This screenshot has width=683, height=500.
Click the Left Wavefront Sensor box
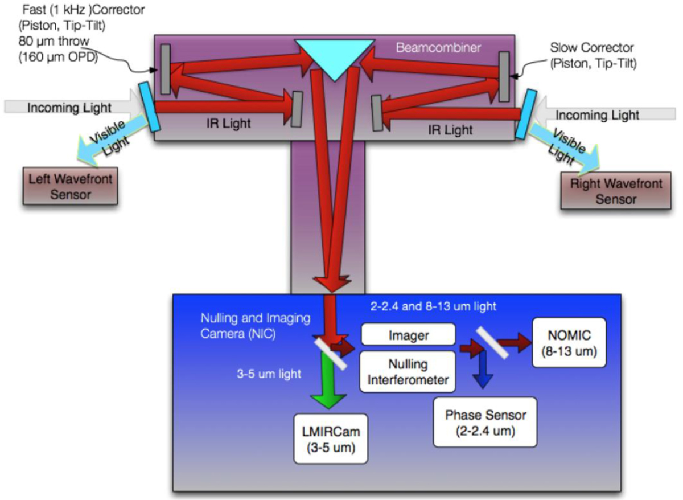pos(70,186)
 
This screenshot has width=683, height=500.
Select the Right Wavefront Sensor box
pos(616,191)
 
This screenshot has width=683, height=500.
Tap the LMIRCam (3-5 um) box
pos(331,438)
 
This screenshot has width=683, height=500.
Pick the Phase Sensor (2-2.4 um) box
pos(485,422)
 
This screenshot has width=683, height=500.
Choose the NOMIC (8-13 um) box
pos(569,343)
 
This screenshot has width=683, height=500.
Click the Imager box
pos(408,335)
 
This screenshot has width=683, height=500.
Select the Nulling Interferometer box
pos(408,371)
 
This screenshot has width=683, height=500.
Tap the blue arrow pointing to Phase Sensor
pos(483,370)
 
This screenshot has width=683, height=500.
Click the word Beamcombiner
pos(438,48)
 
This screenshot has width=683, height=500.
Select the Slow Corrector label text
pos(593,55)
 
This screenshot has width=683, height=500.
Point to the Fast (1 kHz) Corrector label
pos(82,33)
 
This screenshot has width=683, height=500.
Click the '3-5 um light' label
pos(269,374)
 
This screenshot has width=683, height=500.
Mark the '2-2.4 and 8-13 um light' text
pos(433,306)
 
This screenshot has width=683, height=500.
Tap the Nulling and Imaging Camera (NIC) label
pos(256,326)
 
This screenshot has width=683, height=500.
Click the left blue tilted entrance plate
pos(150,106)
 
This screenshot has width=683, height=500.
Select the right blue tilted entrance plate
pos(526,114)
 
